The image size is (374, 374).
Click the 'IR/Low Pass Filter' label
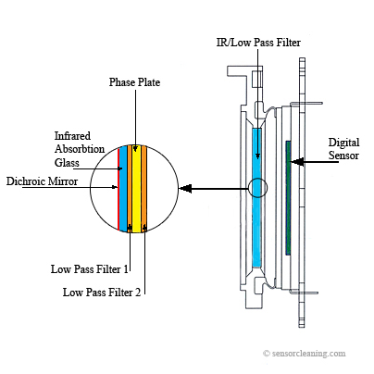point(258,43)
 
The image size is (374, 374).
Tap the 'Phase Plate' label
point(134,82)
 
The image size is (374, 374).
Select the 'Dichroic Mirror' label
point(42,181)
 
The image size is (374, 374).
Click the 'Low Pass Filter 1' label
point(90,269)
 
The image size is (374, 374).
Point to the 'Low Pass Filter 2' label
point(102,292)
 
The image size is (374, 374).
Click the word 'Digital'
point(343,143)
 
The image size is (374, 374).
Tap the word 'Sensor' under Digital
point(343,156)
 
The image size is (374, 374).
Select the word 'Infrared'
point(72,136)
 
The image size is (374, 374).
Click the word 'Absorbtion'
point(80,149)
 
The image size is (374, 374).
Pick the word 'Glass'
point(67,162)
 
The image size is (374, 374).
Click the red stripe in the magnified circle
point(118,189)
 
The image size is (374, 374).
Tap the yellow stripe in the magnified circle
point(136,189)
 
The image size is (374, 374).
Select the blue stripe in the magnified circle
point(123,189)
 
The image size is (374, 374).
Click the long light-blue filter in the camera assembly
point(257,197)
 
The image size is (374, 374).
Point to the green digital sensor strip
point(288,198)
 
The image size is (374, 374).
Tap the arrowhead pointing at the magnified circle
point(185,188)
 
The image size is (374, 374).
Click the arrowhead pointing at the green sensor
point(297,161)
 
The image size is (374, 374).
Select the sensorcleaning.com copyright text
point(305,354)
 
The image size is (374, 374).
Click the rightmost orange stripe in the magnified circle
point(143,189)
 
